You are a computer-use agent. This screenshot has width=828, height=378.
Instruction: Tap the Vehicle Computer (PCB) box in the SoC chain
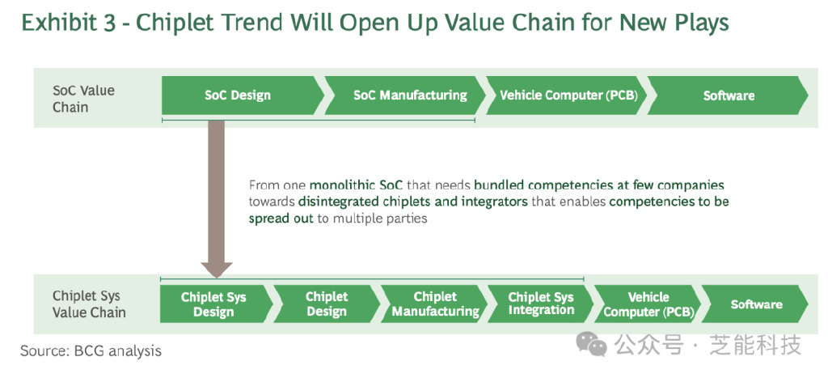[567, 96]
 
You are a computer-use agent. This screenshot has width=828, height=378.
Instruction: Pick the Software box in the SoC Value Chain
[729, 96]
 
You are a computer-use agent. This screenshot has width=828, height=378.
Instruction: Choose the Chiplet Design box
[327, 304]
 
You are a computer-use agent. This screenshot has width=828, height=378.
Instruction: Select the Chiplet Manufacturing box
[434, 304]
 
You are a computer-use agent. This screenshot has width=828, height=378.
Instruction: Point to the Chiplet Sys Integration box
[541, 304]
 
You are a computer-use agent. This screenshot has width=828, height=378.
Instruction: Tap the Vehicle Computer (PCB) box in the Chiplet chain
[648, 304]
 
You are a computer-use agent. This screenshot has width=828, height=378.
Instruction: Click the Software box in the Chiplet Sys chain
[756, 304]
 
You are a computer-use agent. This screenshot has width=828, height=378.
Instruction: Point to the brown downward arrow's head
[216, 270]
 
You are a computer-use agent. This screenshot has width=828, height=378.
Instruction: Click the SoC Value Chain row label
[83, 99]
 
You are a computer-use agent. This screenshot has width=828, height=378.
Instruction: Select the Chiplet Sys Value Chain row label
[89, 304]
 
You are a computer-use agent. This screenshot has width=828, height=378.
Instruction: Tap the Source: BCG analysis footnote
[91, 350]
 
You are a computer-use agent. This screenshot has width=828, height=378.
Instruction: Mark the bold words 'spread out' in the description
[281, 219]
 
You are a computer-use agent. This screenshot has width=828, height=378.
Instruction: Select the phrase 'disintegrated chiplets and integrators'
[413, 202]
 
